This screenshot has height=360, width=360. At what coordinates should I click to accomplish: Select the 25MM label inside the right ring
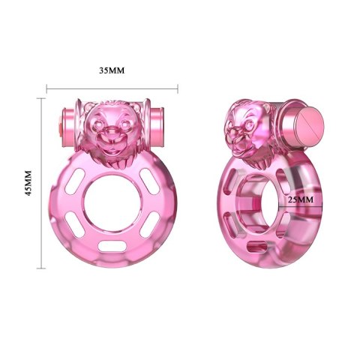tap(301, 199)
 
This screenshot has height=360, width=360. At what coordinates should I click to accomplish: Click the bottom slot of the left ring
tap(112, 245)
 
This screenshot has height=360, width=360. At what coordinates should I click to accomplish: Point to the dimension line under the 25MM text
tap(301, 206)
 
